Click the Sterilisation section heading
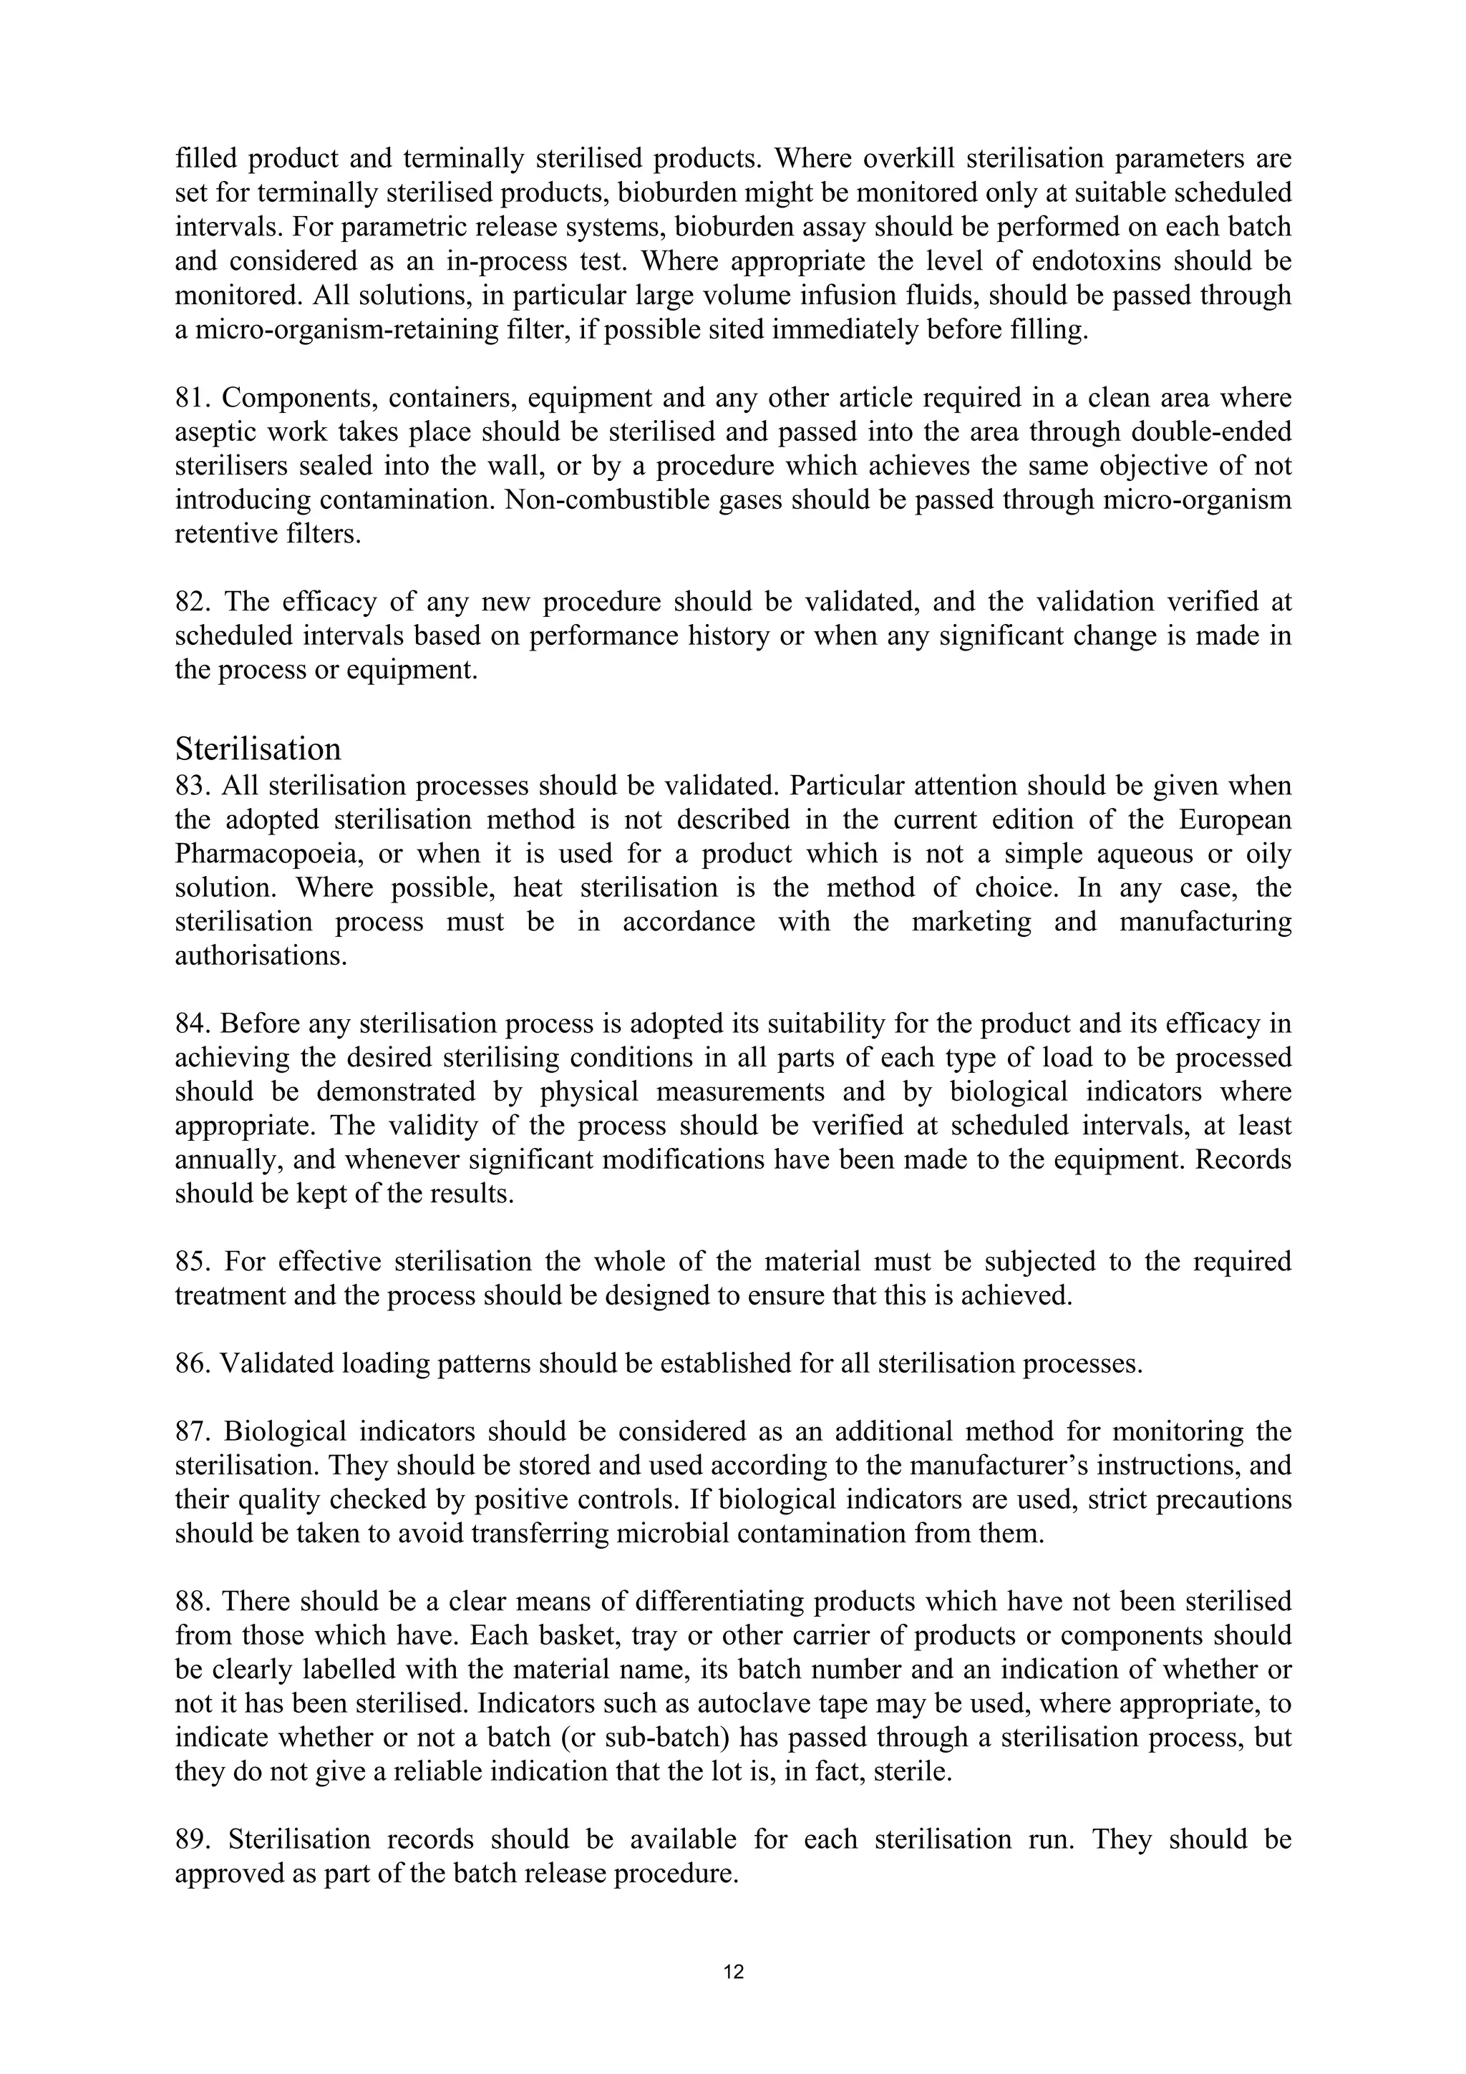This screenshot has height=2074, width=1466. point(258,749)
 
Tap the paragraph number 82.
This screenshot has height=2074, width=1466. point(193,602)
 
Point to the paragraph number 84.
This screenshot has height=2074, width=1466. point(192,1023)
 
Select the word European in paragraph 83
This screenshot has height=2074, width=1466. point(1235,819)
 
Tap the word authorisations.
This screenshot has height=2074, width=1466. point(261,955)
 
